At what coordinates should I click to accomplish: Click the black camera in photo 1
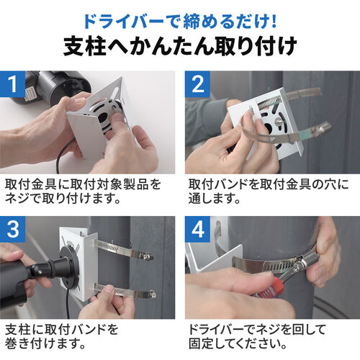click(54, 86)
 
